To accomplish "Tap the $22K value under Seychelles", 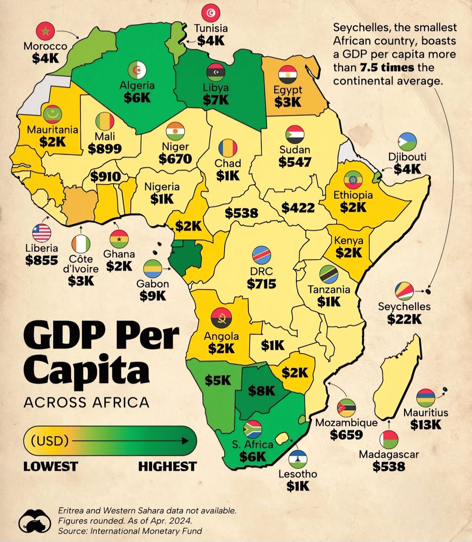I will point(404,319).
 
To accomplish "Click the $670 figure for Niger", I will point(175,159).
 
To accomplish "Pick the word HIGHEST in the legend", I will point(167,466).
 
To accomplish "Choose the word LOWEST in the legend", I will point(51,466).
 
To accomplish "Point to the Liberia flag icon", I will point(42,233).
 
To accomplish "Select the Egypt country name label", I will point(288,89).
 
